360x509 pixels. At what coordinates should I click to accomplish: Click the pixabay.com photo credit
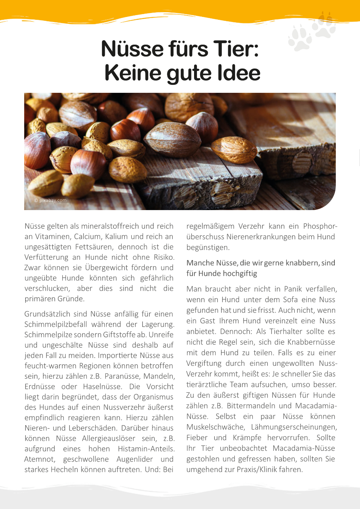coord(51,200)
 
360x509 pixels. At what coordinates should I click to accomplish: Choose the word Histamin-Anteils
coord(146,449)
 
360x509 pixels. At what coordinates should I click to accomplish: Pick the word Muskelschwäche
coord(215,427)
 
